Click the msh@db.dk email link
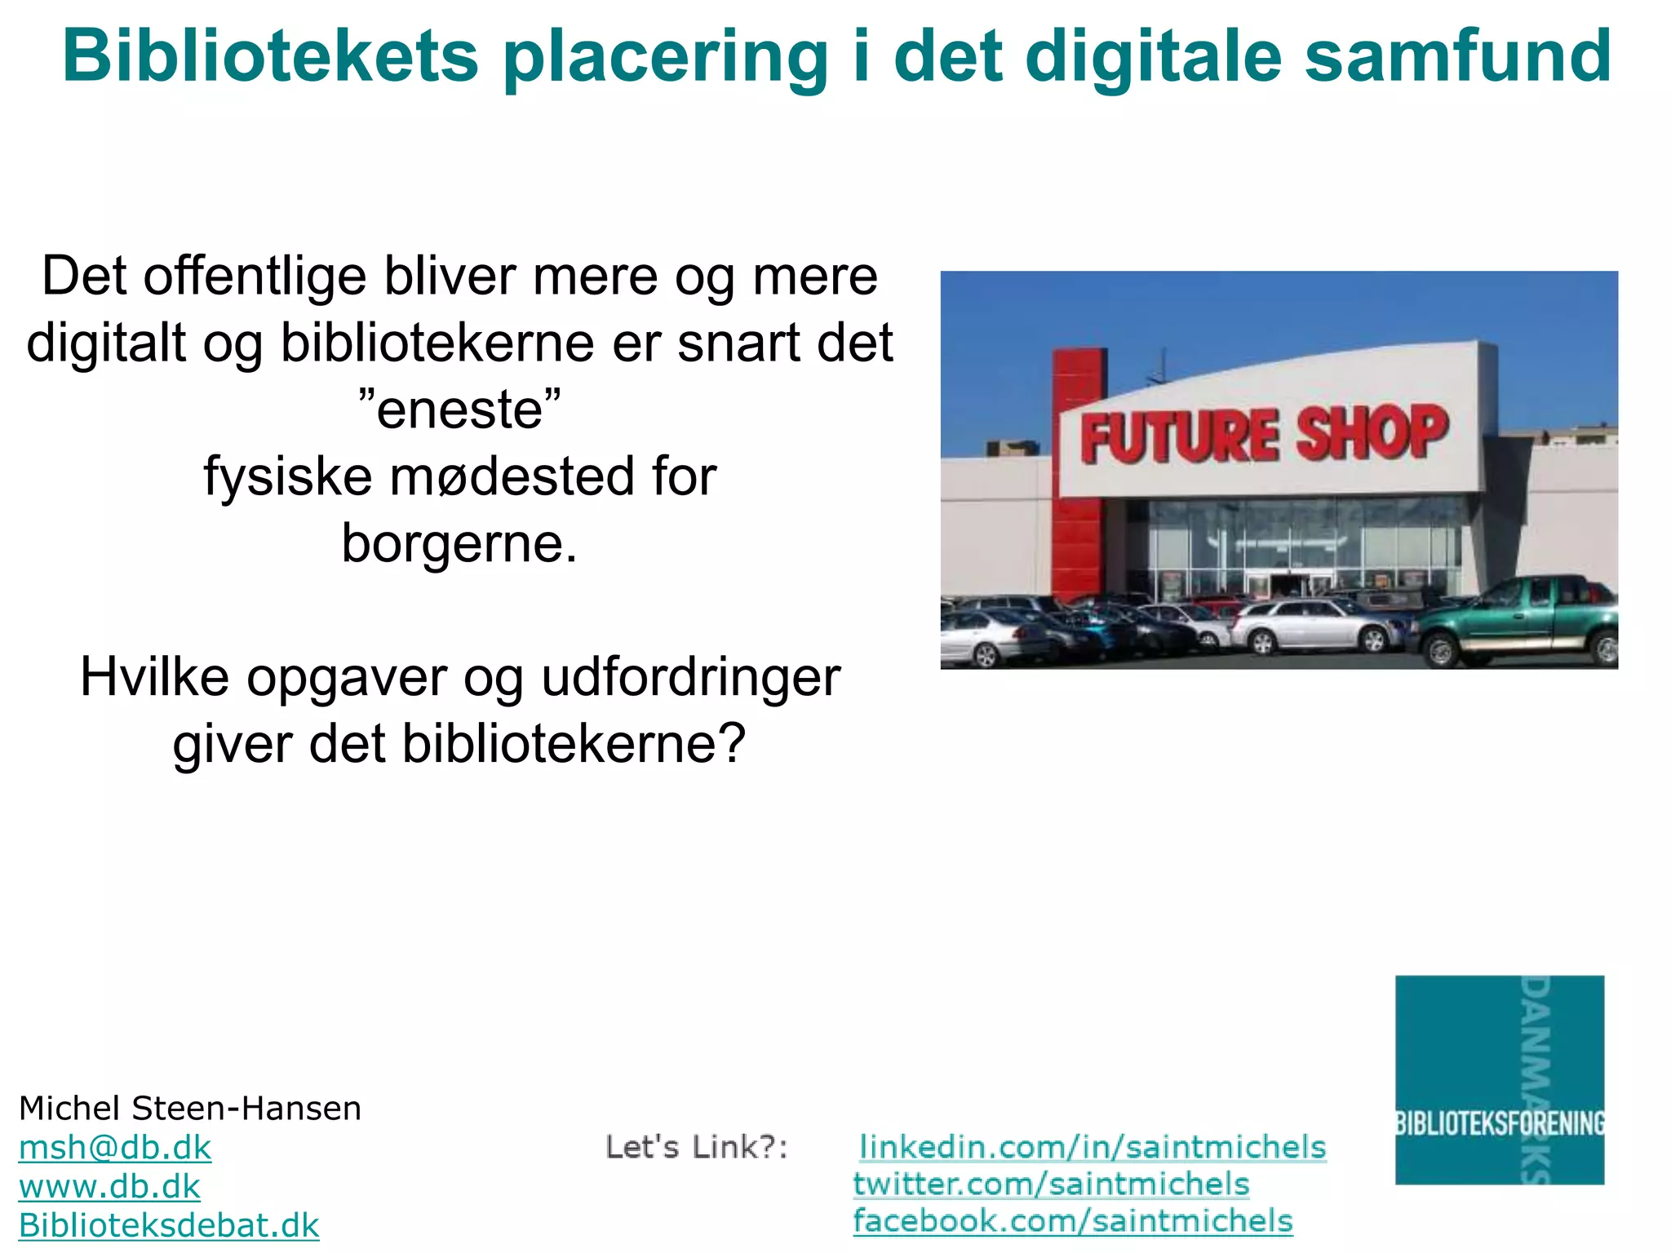[x=115, y=1148]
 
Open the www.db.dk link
[x=109, y=1187]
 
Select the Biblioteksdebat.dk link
[x=169, y=1225]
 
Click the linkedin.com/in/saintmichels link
[x=1093, y=1147]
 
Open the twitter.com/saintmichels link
[x=1051, y=1184]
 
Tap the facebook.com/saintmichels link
[x=1073, y=1221]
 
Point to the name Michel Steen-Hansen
[x=189, y=1109]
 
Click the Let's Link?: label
[x=697, y=1148]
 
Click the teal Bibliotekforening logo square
[x=1499, y=1079]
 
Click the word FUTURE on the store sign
[x=1178, y=437]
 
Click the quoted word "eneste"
[x=460, y=409]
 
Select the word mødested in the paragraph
[x=512, y=476]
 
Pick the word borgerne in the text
[x=459, y=543]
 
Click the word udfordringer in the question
[x=690, y=677]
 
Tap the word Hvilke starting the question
[x=154, y=677]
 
